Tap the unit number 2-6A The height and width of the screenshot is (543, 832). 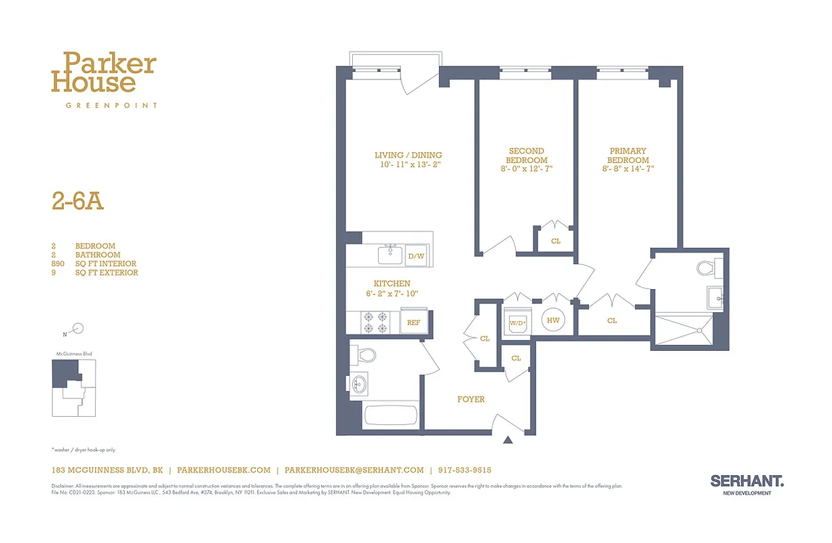click(x=77, y=202)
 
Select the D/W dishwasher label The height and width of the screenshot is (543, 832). click(x=415, y=257)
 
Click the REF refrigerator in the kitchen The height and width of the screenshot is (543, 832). click(x=413, y=323)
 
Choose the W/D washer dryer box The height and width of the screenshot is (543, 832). click(x=518, y=323)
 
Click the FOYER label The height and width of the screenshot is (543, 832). click(x=471, y=399)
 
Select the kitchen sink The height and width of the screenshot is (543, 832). click(x=390, y=255)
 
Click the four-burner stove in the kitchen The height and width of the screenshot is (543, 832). click(x=374, y=322)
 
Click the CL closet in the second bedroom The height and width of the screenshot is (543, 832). click(x=556, y=241)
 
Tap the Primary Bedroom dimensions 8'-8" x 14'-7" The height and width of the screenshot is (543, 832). click(x=628, y=169)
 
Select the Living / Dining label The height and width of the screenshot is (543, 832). click(x=408, y=155)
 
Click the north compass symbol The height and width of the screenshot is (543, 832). click(x=77, y=329)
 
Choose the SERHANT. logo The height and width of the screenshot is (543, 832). click(x=747, y=481)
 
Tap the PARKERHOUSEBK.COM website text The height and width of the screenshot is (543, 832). click(x=224, y=470)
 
